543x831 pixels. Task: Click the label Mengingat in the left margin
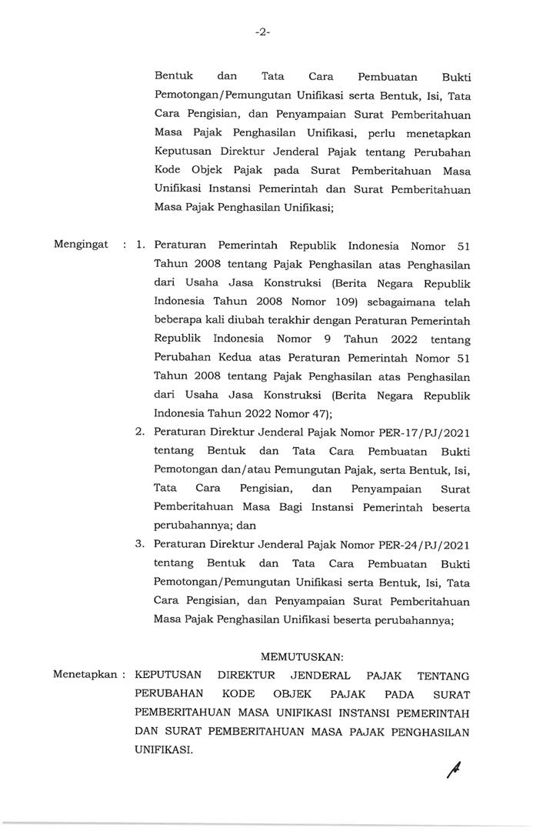(80, 245)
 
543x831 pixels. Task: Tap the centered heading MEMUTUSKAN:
(302, 656)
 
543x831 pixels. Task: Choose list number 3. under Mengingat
(140, 544)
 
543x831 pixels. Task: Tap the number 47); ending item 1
(306, 413)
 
